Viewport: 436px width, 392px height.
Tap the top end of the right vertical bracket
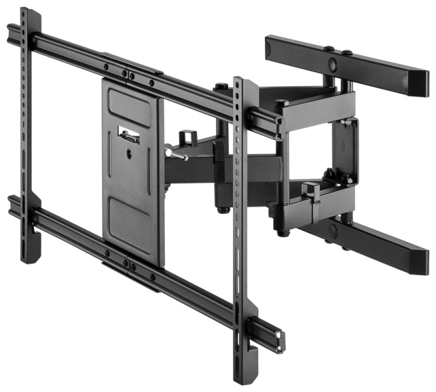click(x=239, y=82)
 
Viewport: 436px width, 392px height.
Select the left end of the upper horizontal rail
click(x=12, y=32)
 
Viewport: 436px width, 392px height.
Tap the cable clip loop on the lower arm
click(x=311, y=192)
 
